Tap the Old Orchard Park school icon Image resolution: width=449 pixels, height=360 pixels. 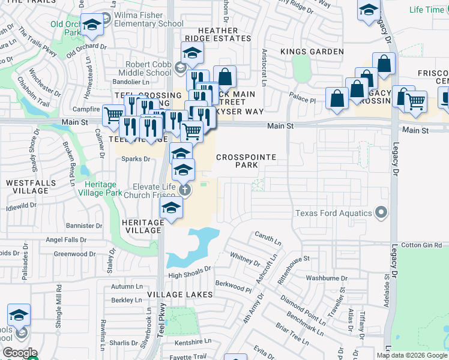tap(92, 25)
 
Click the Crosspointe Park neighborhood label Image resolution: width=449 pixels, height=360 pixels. tap(246, 161)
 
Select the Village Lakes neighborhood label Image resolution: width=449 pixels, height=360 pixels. tap(178, 295)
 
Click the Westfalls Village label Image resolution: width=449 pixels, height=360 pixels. tap(27, 186)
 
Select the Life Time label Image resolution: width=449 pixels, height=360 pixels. tap(426, 10)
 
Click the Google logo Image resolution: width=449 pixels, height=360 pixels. tap(20, 353)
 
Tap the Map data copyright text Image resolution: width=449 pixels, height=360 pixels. tap(412, 355)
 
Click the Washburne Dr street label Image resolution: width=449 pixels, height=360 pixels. tap(323, 278)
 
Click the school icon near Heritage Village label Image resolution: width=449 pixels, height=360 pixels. tap(171, 208)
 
